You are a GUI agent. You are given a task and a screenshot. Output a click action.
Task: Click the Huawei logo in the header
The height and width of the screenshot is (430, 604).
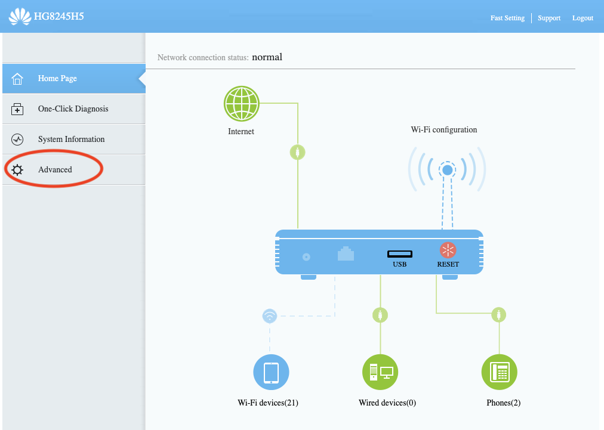(x=20, y=16)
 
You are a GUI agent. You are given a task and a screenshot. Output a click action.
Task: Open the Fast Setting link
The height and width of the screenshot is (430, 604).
(x=507, y=18)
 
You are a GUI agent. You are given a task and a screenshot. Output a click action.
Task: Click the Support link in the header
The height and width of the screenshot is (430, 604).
(x=549, y=18)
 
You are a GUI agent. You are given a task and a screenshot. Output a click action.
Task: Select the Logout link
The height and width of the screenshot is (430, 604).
(x=583, y=18)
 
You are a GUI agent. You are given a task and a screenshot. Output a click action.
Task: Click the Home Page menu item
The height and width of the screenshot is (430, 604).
(x=57, y=78)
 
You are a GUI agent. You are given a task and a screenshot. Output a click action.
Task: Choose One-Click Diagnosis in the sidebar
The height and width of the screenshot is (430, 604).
(x=73, y=109)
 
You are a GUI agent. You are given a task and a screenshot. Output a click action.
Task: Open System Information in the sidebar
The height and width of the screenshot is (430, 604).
(x=71, y=139)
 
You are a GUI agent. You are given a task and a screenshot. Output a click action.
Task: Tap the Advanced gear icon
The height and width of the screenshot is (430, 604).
(x=17, y=170)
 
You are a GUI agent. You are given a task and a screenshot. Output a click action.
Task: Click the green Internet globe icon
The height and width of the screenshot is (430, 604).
(x=241, y=104)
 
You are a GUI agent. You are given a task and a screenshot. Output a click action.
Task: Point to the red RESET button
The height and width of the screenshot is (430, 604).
(x=448, y=250)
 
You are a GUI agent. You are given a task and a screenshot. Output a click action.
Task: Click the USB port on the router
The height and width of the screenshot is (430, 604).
(x=399, y=254)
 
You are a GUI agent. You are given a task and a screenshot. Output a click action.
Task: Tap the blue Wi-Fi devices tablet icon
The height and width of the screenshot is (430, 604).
(x=271, y=372)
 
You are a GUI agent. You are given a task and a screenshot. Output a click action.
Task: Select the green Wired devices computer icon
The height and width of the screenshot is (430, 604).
(x=380, y=372)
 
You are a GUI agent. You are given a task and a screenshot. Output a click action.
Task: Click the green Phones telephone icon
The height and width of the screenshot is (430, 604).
(x=499, y=372)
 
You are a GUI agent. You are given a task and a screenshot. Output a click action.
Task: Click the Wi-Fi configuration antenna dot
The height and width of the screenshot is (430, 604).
(x=447, y=171)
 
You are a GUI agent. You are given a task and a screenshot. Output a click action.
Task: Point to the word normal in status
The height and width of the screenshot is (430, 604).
(x=267, y=57)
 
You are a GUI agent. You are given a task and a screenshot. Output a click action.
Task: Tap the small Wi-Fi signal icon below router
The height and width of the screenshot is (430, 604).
(x=270, y=315)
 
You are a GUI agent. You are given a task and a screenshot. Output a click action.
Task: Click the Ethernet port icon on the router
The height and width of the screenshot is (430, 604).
(x=346, y=254)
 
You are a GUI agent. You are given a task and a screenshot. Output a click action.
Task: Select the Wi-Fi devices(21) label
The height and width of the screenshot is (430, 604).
(x=268, y=403)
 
